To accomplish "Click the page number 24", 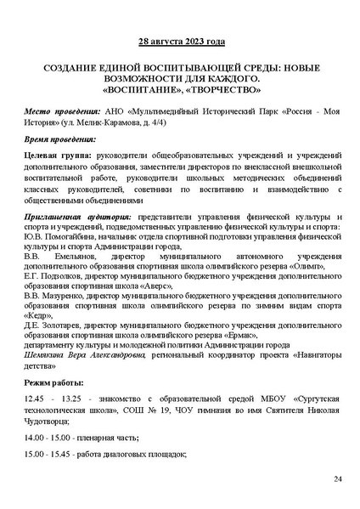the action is coord(337,480).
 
